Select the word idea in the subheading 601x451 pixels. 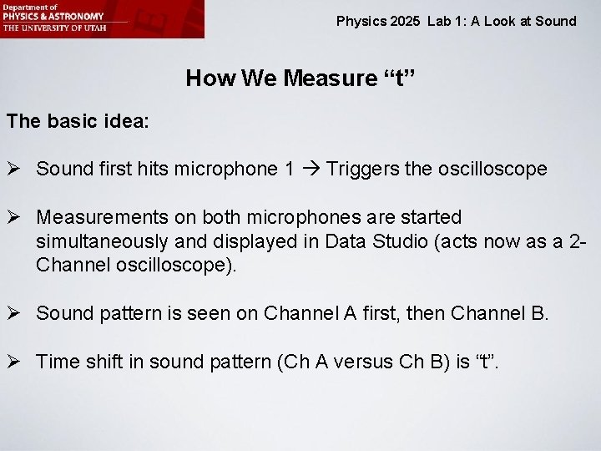coord(126,121)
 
